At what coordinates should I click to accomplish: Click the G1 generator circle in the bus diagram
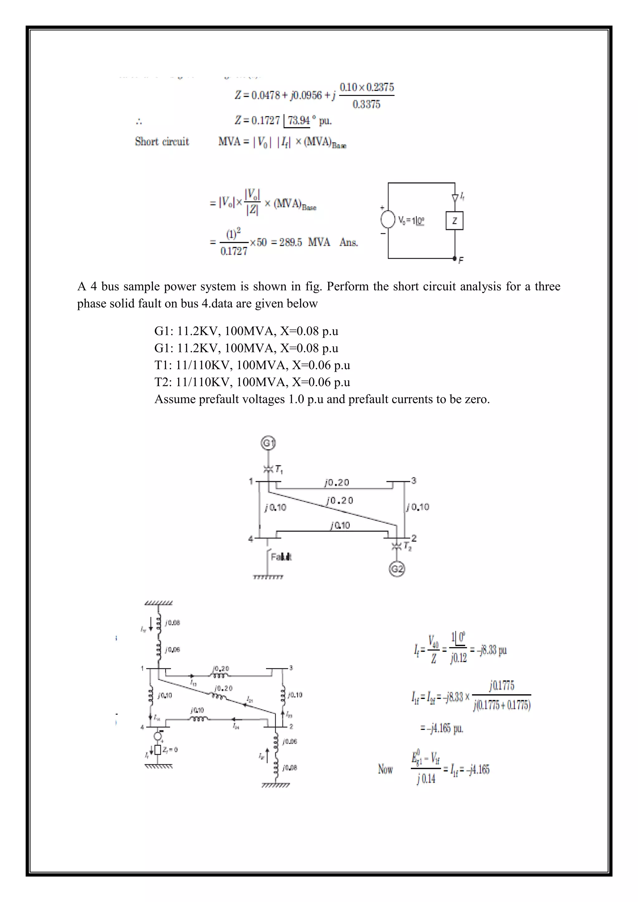pos(268,444)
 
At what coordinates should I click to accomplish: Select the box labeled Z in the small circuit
pos(455,221)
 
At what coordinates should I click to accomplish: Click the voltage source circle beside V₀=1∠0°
pos(388,219)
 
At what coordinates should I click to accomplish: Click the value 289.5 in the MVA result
pos(291,242)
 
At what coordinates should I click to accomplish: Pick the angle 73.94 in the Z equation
pos(298,120)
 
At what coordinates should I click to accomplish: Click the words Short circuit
pos(162,141)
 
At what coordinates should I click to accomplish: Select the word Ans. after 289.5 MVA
pos(349,242)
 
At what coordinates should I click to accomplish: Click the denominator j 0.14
pos(426,779)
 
